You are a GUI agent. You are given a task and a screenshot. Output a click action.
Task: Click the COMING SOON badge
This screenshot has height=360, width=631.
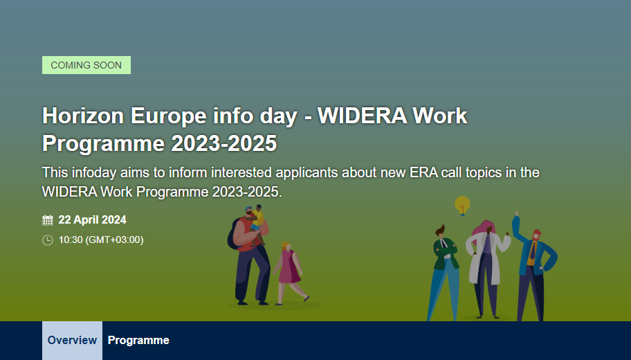[x=86, y=65]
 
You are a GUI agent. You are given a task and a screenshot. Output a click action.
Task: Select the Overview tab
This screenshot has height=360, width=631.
[x=73, y=340]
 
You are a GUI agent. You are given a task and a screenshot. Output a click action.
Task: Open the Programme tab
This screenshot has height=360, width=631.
[x=138, y=340]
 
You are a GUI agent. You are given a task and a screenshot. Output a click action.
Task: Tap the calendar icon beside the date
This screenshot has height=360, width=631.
[x=48, y=220]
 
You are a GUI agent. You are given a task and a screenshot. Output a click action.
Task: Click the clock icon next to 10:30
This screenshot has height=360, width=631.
[x=48, y=240]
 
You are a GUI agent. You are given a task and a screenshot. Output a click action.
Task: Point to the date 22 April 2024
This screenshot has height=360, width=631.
[x=93, y=220]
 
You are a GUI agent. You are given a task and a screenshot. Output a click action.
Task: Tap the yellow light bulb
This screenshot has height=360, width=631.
[x=462, y=206]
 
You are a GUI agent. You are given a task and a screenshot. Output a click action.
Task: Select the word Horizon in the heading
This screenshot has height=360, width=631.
[x=83, y=116]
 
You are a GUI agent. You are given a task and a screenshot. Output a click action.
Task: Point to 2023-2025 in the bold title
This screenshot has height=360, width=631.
[x=224, y=143]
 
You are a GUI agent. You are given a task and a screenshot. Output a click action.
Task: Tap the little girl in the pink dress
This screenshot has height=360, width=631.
[x=289, y=272]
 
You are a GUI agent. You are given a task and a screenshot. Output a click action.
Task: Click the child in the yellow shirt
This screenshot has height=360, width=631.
[x=257, y=222]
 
